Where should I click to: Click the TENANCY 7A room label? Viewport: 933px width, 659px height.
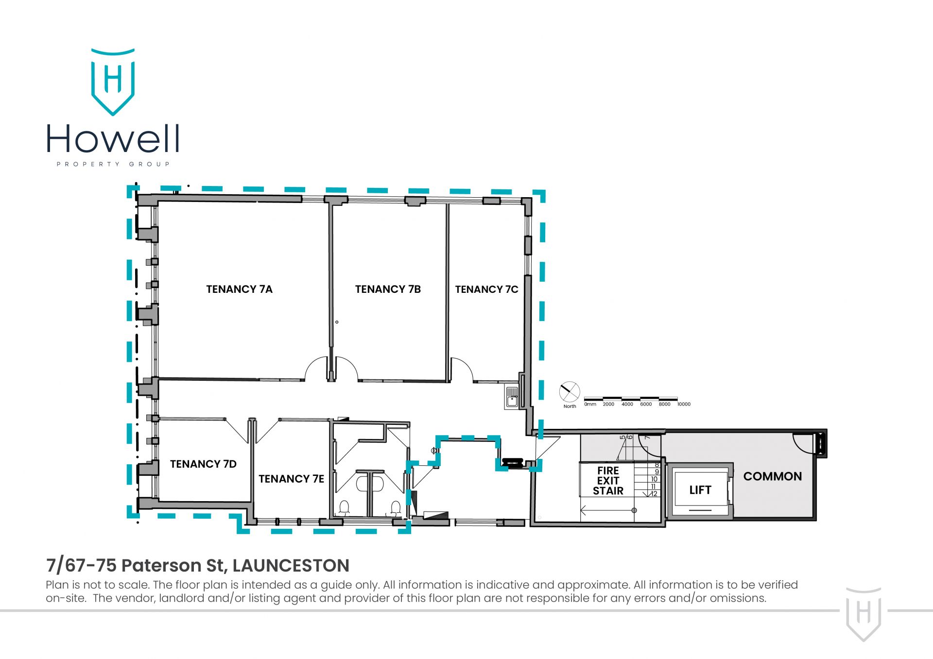pos(239,289)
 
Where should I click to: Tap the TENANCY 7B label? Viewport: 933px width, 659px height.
pos(388,289)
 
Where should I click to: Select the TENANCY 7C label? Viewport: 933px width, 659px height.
pos(486,289)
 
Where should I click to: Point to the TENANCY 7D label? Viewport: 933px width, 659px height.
pos(203,464)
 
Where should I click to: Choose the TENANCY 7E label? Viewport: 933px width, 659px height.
pos(291,479)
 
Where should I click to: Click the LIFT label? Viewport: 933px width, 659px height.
pos(700,490)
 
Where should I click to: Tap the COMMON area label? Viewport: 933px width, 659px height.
pos(773,476)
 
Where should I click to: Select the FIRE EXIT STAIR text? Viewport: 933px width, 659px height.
pos(608,481)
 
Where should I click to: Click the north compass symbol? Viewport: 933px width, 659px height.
pos(570,392)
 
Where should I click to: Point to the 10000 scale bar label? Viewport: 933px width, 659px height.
pos(684,404)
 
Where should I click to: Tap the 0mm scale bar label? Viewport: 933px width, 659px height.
pos(590,404)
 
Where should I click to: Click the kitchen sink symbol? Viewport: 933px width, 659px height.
pos(512,397)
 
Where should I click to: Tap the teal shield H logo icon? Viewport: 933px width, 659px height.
pos(113,82)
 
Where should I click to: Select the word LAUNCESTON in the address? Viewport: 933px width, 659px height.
pos(291,565)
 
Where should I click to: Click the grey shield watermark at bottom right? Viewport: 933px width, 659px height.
pos(864,614)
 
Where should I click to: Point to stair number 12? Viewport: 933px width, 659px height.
pos(654,494)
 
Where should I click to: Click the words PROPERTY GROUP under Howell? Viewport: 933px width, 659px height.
pos(113,164)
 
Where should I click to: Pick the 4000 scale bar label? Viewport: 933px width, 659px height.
pos(627,404)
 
